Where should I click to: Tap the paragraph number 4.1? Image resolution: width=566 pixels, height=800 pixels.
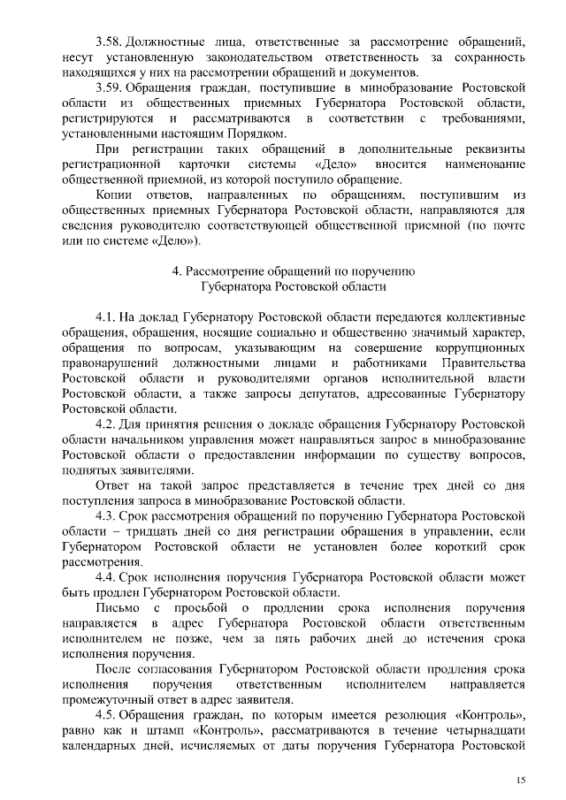pyautogui.click(x=105, y=316)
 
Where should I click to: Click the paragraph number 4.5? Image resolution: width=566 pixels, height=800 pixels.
pyautogui.click(x=105, y=714)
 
